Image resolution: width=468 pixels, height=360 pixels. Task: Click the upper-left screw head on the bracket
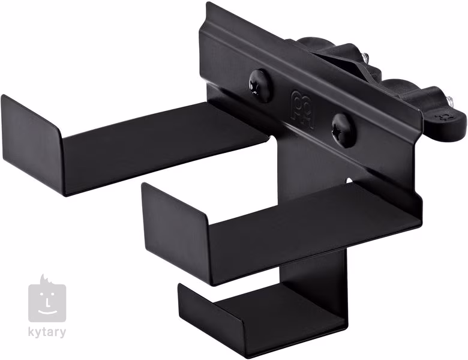pos(259,85)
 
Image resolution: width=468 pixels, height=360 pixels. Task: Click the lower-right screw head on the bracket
pos(342,130)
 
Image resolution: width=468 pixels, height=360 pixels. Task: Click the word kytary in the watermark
pos(47,332)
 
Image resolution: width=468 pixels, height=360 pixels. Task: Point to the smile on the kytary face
pos(47,311)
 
